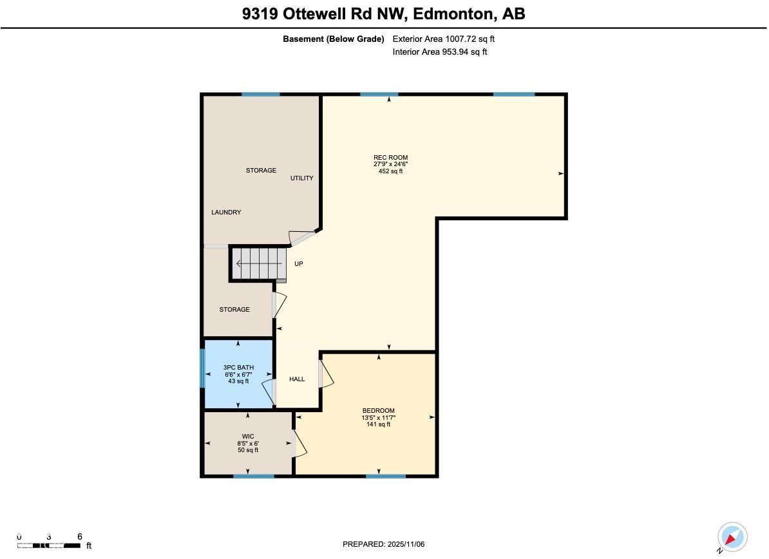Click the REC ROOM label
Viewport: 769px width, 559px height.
(390, 157)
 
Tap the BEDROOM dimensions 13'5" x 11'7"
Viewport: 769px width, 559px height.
(378, 417)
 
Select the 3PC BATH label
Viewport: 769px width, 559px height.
(238, 368)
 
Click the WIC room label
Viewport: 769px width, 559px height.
(247, 436)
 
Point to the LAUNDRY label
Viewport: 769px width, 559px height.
(226, 212)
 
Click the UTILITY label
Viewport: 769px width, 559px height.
(301, 178)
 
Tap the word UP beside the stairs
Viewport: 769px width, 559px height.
(299, 263)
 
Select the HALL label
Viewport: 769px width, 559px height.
(297, 379)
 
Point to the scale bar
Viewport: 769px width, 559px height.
(50, 545)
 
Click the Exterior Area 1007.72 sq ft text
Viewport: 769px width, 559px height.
(443, 39)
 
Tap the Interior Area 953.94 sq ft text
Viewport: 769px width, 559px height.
(439, 52)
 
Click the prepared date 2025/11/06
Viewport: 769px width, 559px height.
(406, 544)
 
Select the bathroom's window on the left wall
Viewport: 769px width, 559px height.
(202, 368)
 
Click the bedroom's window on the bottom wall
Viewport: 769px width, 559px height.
(386, 476)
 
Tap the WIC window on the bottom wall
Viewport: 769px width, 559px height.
(253, 476)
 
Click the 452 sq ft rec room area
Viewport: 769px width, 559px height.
(390, 171)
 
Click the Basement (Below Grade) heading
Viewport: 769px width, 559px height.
(334, 39)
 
